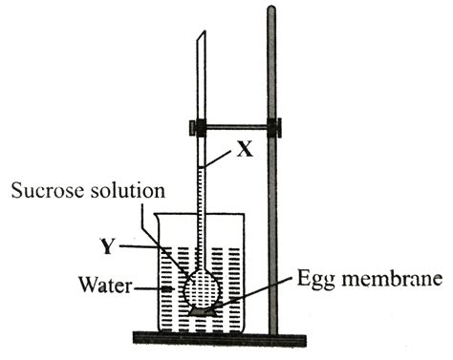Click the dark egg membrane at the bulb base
coord(203,309)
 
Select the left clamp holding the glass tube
coord(201,127)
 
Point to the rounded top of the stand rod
coord(271,11)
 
